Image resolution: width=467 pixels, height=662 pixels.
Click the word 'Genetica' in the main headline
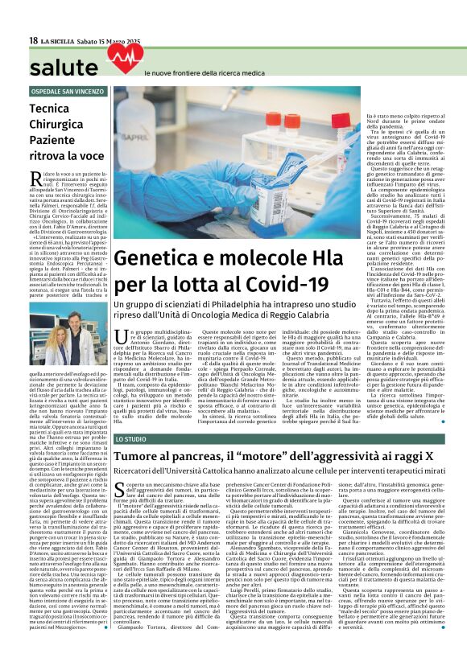pos(156,260)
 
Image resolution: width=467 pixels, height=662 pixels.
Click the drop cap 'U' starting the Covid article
pos(119,337)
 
